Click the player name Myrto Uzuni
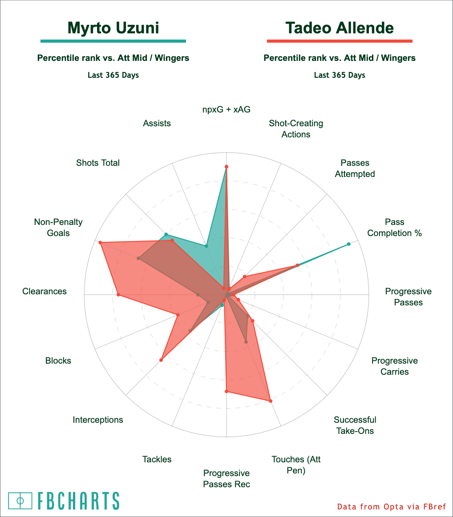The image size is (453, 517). click(113, 28)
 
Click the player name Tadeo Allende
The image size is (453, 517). click(340, 28)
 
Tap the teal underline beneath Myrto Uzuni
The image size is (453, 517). click(113, 41)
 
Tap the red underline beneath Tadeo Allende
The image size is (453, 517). click(340, 41)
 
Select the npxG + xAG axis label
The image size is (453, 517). click(226, 109)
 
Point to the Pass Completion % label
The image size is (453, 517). click(394, 227)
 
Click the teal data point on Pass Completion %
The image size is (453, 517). click(349, 244)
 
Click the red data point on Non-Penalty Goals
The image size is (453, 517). click(101, 242)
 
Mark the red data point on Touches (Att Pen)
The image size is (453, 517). click(271, 401)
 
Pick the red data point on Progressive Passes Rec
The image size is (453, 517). click(226, 391)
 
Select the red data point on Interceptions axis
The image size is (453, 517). click(161, 360)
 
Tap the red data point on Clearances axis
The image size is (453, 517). click(118, 295)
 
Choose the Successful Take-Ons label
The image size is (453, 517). click(355, 425)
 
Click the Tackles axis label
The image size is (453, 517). click(157, 459)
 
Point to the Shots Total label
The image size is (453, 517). click(98, 163)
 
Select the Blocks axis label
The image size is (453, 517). click(58, 361)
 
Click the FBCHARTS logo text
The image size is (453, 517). click(78, 501)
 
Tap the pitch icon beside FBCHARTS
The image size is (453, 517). click(20, 501)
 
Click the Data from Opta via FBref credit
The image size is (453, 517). click(392, 506)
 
